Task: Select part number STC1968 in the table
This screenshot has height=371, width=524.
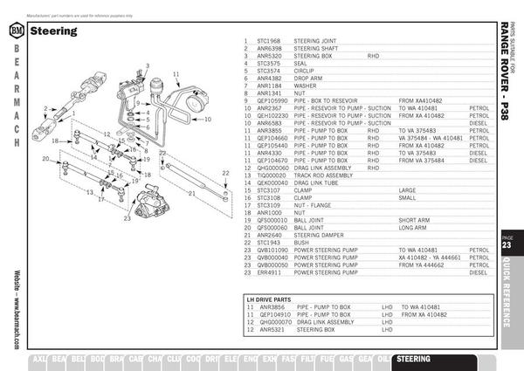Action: [268, 41]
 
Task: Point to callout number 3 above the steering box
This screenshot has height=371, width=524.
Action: [148, 66]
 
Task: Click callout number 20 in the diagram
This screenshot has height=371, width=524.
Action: [45, 158]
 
